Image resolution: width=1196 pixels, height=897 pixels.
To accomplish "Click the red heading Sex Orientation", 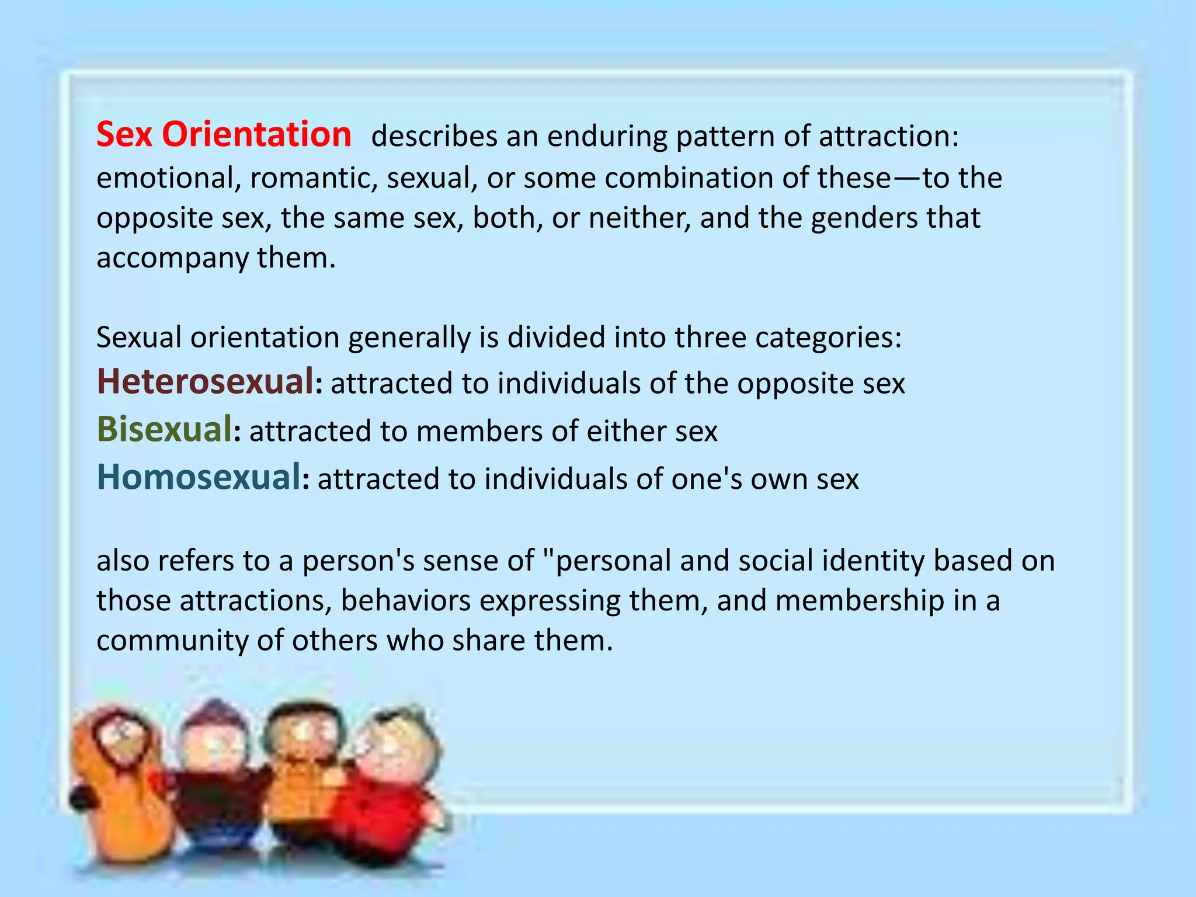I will (x=224, y=135).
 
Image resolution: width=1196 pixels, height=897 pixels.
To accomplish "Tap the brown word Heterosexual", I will (x=205, y=382).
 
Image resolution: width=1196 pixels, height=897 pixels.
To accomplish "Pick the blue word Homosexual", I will (x=199, y=477).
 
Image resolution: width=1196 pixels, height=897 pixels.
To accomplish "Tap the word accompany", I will (x=172, y=258).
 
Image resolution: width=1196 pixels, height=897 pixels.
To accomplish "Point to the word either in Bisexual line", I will (x=626, y=432).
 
